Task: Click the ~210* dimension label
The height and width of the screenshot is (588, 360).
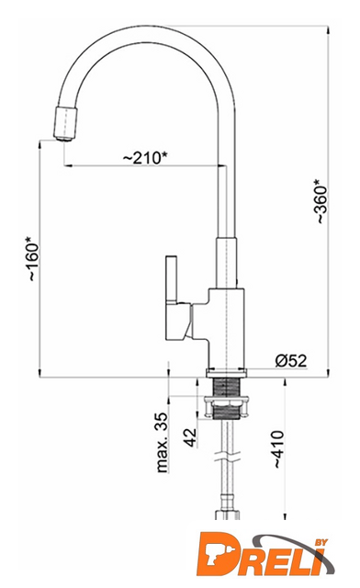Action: [145, 158]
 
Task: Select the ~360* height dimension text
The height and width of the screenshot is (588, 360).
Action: [321, 201]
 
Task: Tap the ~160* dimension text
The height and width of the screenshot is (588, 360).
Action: [33, 259]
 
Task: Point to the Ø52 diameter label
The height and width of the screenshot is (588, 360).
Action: [290, 361]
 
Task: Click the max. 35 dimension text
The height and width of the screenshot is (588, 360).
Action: [162, 443]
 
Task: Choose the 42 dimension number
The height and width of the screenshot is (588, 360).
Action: [190, 437]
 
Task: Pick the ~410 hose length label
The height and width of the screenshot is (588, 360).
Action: [278, 449]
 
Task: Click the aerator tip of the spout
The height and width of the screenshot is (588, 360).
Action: [66, 124]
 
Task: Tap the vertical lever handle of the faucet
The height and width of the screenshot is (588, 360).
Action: [172, 279]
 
